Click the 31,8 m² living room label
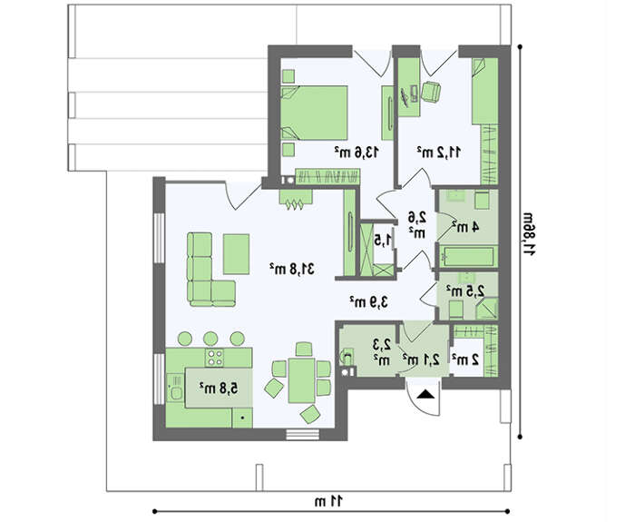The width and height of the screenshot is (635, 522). (292, 269)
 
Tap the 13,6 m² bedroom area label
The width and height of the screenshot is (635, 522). (357, 152)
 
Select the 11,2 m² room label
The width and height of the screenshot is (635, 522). (439, 152)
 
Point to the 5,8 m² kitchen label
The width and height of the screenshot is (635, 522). (219, 388)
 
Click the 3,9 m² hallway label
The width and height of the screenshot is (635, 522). (369, 301)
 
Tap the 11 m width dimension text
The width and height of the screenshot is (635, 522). (328, 501)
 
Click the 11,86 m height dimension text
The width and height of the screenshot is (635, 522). (529, 234)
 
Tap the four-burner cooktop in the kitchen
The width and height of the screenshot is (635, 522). (214, 358)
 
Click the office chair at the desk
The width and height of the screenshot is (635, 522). (430, 91)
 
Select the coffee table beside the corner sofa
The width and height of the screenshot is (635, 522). (236, 254)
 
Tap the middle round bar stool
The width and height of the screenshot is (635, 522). (210, 339)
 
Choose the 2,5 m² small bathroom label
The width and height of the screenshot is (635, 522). (465, 291)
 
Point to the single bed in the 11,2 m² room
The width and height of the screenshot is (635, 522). (484, 91)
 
